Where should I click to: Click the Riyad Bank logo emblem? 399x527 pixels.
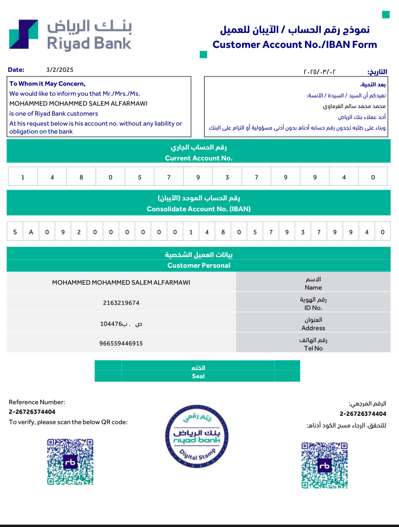coord(24,34)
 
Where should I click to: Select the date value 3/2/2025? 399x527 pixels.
coord(60,70)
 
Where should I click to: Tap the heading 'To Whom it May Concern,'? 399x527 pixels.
coord(47,84)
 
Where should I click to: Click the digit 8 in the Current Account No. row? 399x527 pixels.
coord(81,177)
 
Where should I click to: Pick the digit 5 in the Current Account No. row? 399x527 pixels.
coord(140,177)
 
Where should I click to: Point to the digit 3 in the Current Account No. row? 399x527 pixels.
coord(227,177)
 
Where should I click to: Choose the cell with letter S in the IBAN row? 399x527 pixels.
coord(15,232)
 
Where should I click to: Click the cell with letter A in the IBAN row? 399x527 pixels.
coord(31,232)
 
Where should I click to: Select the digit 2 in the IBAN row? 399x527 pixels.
coord(79,232)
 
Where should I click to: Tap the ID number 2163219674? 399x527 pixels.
coord(121,303)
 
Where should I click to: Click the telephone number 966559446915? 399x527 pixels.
coord(121,343)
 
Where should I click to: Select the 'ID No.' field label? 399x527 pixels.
coord(313,308)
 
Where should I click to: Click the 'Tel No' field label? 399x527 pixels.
coord(313,348)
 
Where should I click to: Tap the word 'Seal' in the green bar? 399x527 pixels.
coord(198,376)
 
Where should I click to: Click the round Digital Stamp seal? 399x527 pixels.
coord(197,436)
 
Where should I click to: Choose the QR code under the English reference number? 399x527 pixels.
coord(70,462)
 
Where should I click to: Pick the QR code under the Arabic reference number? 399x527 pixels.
coord(324,465)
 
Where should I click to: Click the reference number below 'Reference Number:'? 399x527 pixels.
coord(32,412)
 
